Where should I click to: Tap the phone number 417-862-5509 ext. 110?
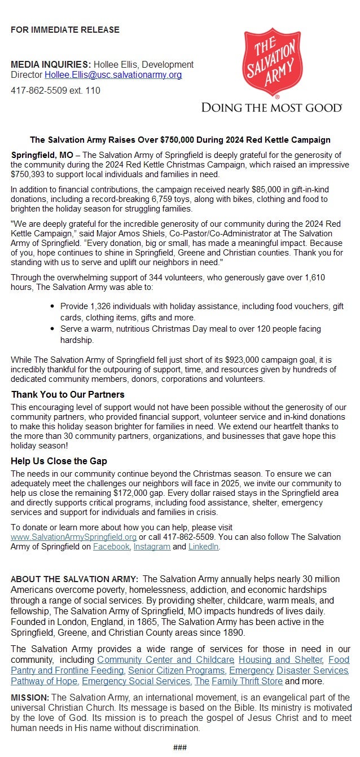[x=55, y=90]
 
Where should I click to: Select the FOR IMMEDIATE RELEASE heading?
[x=65, y=29]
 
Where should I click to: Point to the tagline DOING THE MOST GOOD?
[x=271, y=107]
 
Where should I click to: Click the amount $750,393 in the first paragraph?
[x=28, y=174]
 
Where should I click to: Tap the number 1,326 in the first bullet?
[x=102, y=307]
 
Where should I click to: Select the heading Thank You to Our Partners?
[x=68, y=394]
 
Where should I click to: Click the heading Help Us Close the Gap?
[x=59, y=461]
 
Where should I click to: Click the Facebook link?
[x=111, y=547]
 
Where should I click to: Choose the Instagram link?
[x=152, y=547]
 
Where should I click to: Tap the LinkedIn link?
[x=203, y=547]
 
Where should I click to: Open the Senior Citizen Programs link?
[x=176, y=670]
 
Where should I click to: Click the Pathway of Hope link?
[x=44, y=681]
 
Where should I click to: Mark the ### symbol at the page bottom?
[x=180, y=747]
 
